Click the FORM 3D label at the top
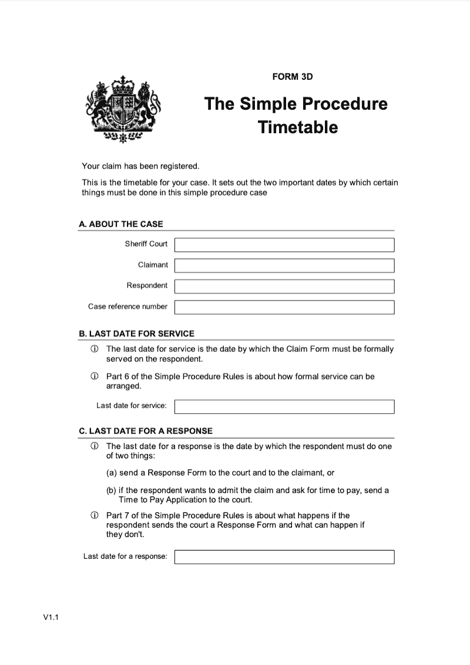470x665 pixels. pyautogui.click(x=297, y=76)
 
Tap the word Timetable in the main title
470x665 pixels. pyautogui.click(x=297, y=127)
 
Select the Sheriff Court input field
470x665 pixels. pyautogui.click(x=284, y=245)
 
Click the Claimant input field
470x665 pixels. pyautogui.click(x=284, y=265)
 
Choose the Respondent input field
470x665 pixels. pyautogui.click(x=284, y=286)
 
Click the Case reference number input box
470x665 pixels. pyautogui.click(x=284, y=307)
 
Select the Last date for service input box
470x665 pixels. pyautogui.click(x=284, y=406)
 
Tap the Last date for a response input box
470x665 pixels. pyautogui.click(x=284, y=556)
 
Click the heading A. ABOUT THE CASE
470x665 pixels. pyautogui.click(x=121, y=224)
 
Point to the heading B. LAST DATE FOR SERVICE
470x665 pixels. pyautogui.click(x=136, y=333)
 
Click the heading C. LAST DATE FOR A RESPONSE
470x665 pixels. pyautogui.click(x=146, y=431)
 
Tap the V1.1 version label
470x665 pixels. pyautogui.click(x=52, y=617)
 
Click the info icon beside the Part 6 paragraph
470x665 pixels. pyautogui.click(x=94, y=376)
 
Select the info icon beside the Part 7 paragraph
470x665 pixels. pyautogui.click(x=94, y=515)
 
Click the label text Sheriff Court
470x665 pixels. pyautogui.click(x=146, y=244)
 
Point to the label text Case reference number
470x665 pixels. pyautogui.click(x=127, y=306)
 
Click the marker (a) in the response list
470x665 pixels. pyautogui.click(x=111, y=472)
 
